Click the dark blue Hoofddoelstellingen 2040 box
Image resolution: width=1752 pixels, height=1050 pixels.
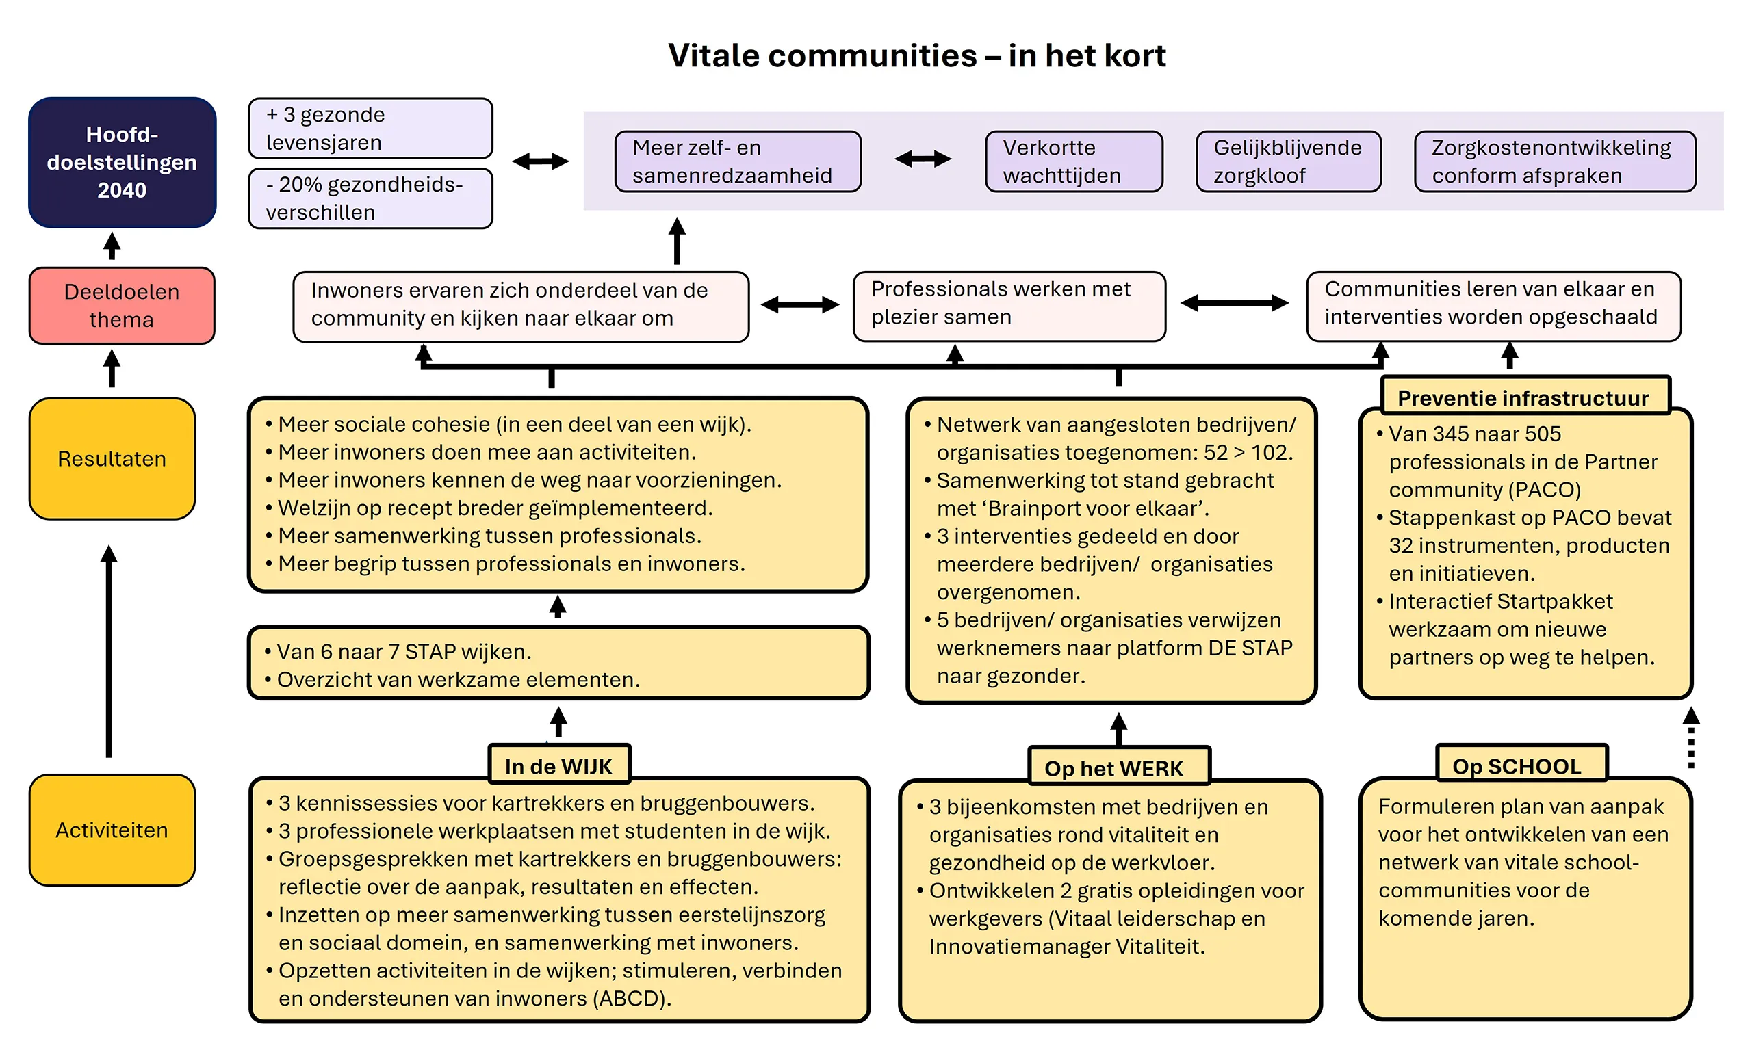[x=122, y=162]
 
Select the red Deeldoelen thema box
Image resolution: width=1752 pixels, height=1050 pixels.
[x=122, y=305]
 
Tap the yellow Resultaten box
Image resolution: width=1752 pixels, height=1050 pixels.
[x=112, y=458]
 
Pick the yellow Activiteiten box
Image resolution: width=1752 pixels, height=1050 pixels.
[x=112, y=829]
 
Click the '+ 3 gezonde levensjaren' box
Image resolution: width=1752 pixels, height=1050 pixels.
[x=370, y=128]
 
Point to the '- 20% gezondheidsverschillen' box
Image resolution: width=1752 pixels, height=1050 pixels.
[x=370, y=198]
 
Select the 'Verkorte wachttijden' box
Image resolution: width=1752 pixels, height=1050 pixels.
[x=1073, y=161]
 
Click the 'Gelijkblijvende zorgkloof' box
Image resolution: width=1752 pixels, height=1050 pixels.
[x=1287, y=161]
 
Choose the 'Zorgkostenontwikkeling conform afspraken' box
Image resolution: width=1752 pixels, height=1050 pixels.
[x=1554, y=161]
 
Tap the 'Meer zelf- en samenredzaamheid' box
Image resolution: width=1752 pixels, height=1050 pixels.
[x=738, y=161]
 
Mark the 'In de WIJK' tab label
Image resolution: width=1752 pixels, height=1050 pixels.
[x=558, y=765]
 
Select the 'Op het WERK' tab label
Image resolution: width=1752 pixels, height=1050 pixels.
[x=1118, y=767]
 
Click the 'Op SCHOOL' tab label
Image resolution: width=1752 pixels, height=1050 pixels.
[x=1521, y=765]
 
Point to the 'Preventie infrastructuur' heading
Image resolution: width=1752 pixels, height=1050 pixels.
[x=1525, y=397]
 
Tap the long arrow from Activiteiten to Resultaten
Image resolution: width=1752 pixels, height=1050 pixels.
[x=109, y=651]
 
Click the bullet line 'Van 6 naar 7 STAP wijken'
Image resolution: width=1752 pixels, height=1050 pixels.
[x=404, y=651]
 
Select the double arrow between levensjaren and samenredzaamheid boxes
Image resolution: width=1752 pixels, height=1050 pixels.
[x=540, y=161]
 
